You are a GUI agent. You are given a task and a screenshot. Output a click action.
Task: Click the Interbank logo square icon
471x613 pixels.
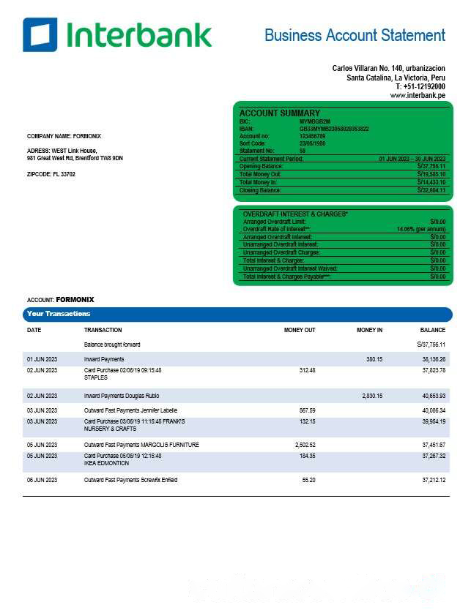tap(40, 34)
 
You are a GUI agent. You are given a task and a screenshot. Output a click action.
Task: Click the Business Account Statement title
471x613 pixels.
tap(355, 35)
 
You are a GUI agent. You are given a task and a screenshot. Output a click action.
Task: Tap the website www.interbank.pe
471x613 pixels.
tap(418, 96)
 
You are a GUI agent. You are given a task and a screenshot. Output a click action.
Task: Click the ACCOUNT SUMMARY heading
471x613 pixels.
tap(279, 113)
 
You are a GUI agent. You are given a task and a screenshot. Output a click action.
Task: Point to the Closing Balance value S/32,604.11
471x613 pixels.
tap(431, 190)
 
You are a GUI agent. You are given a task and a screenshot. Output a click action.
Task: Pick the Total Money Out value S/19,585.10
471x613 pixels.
tap(431, 174)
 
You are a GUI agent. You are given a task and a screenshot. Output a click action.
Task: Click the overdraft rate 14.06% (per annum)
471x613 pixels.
tap(421, 229)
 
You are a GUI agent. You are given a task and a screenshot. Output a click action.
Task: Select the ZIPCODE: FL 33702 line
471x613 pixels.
tap(51, 174)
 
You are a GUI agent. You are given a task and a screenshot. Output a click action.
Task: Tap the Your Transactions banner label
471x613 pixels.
tap(59, 314)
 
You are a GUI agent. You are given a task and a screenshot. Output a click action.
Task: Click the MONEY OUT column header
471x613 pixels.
tap(300, 330)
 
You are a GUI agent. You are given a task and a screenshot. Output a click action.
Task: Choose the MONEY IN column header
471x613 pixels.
tap(369, 330)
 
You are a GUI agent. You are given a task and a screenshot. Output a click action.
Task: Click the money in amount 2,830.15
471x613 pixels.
tap(372, 396)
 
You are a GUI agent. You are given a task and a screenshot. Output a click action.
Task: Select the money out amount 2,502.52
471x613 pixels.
tap(303, 445)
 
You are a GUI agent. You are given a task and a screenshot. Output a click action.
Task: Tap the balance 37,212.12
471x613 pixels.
tap(434, 480)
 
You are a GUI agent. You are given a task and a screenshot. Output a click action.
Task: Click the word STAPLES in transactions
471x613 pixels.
tap(96, 377)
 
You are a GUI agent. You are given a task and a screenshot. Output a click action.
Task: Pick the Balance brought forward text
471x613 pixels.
tap(112, 344)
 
